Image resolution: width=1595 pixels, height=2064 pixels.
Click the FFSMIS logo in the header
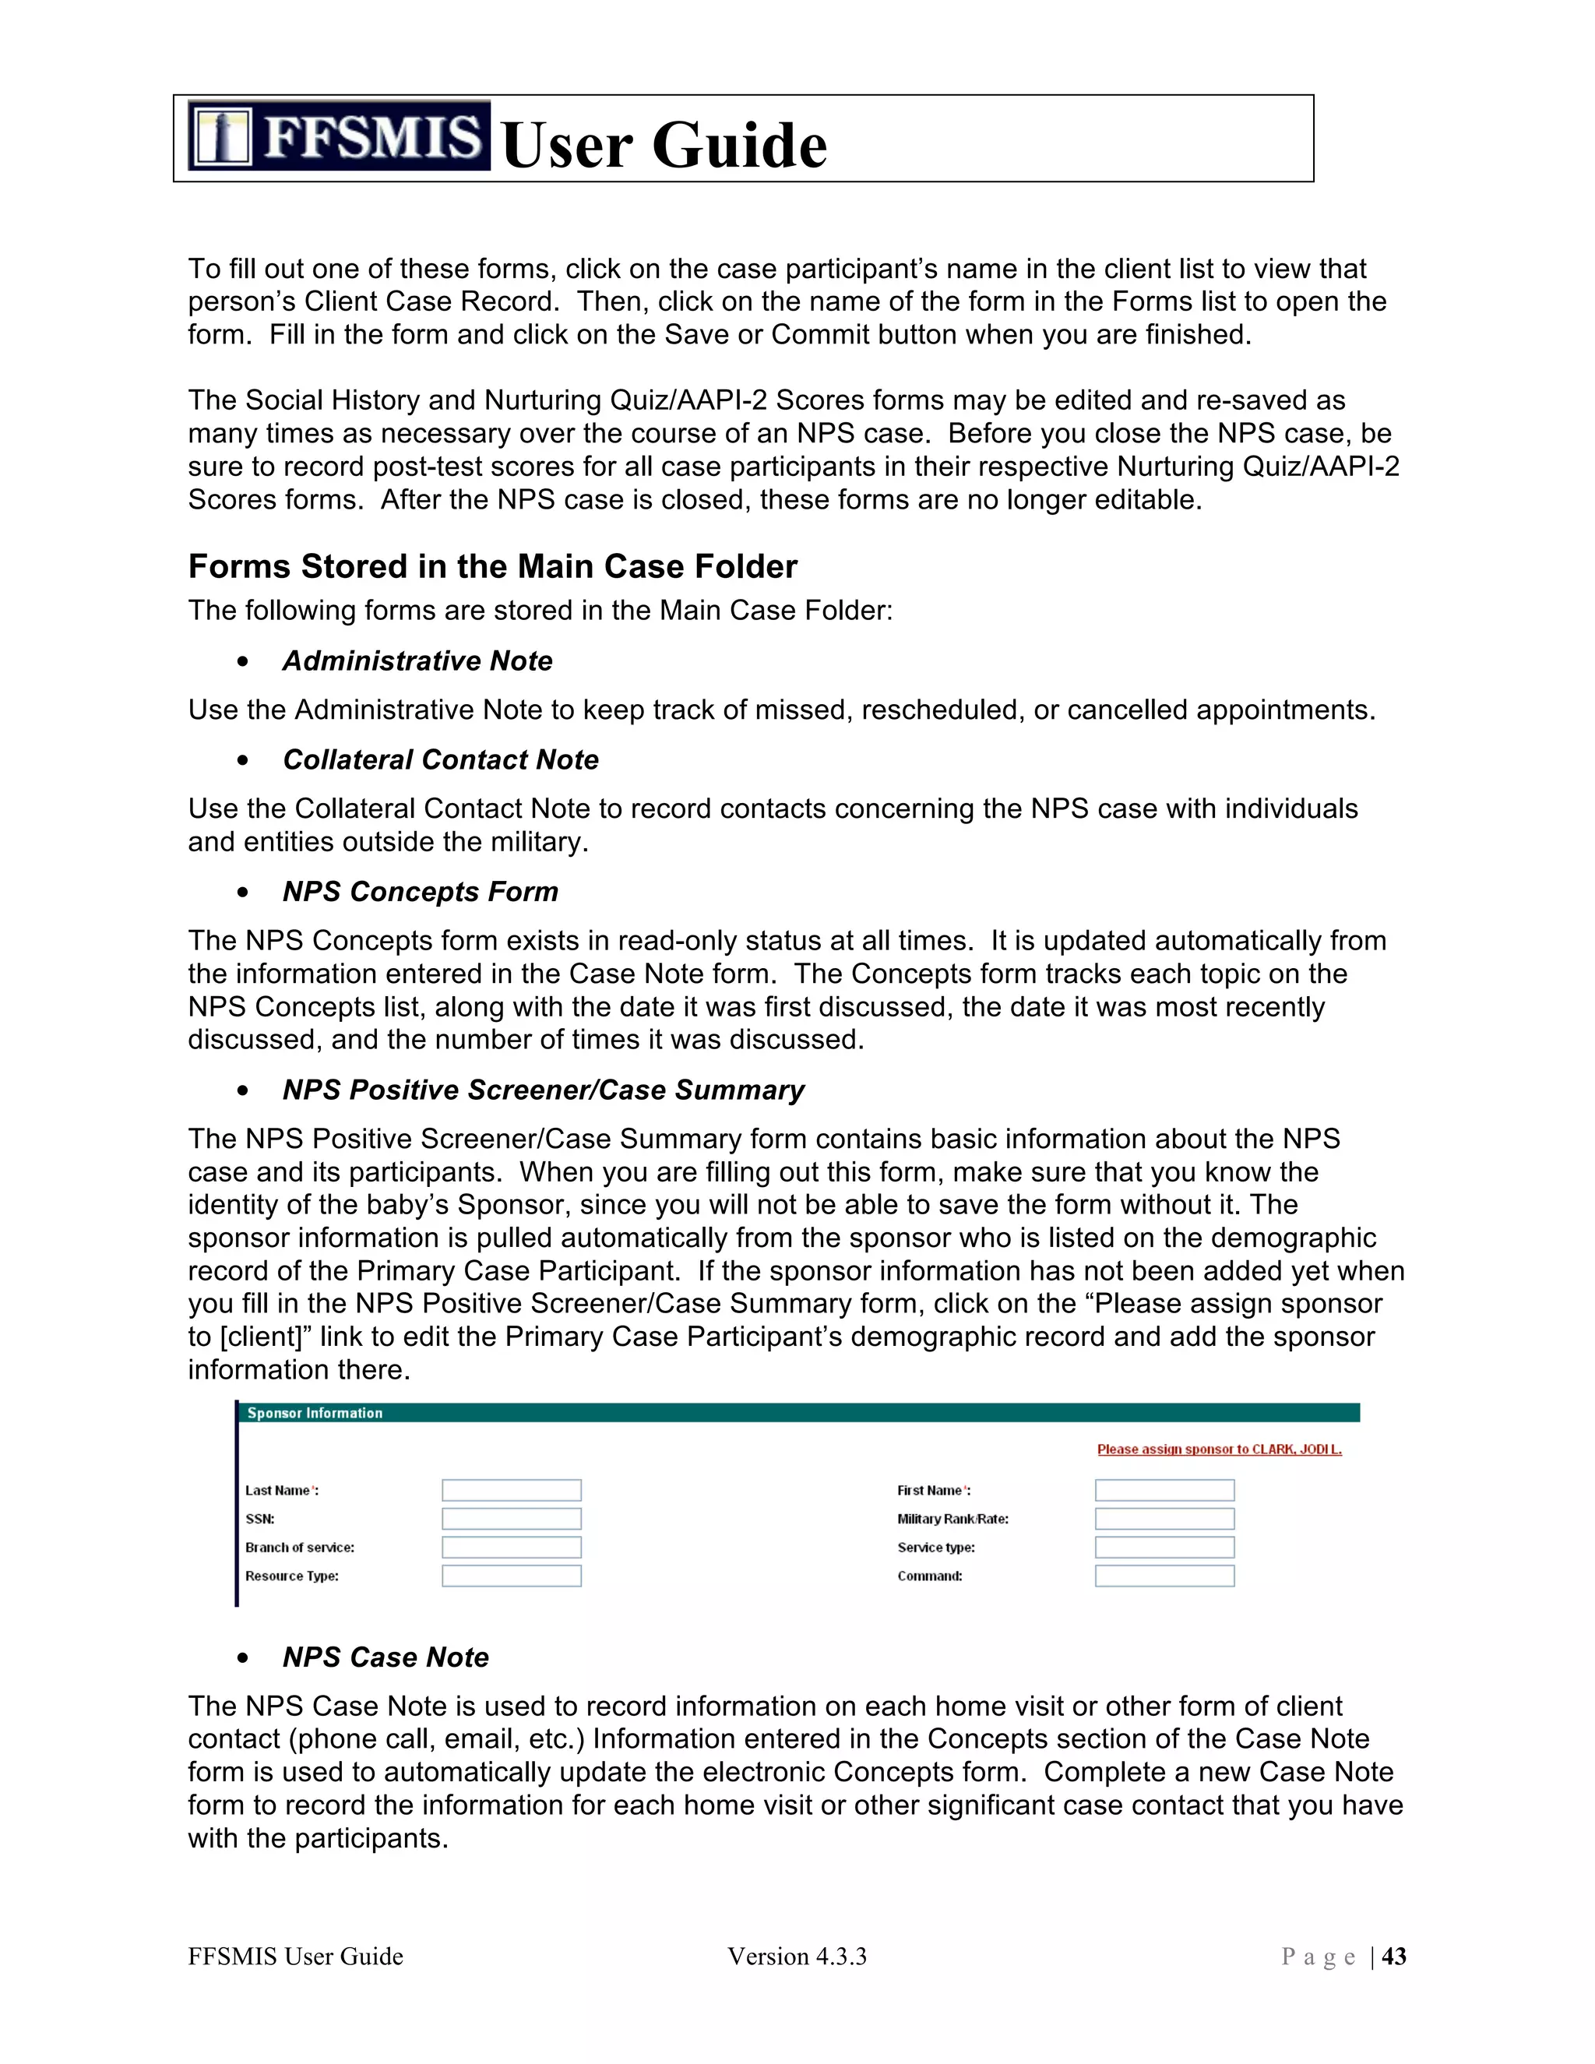coord(338,136)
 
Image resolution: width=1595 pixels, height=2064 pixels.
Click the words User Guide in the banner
coord(664,146)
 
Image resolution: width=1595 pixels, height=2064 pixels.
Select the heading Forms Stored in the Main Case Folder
coord(492,566)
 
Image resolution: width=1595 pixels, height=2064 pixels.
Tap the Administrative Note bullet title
coord(417,660)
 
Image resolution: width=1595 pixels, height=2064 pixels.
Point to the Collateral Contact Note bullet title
coord(440,760)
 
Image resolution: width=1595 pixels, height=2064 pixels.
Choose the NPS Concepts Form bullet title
coord(420,891)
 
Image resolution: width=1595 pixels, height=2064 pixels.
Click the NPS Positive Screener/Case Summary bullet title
coord(544,1090)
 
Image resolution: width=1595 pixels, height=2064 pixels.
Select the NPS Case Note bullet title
coord(386,1657)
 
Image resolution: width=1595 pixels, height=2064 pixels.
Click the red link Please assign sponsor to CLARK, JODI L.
coord(1219,1449)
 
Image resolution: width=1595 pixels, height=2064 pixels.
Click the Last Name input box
coord(511,1490)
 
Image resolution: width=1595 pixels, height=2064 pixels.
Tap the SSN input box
coord(511,1519)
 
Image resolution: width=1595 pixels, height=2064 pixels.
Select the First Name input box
coord(1164,1490)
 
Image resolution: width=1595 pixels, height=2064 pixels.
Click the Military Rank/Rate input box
coord(1164,1519)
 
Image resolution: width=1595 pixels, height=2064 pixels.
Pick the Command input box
coord(1164,1576)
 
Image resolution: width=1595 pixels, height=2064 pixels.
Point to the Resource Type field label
coord(292,1576)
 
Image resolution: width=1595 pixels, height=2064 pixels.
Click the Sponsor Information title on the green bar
coord(315,1413)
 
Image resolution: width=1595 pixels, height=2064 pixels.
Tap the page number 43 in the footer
coord(1394,1957)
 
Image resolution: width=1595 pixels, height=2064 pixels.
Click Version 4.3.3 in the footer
coord(797,1957)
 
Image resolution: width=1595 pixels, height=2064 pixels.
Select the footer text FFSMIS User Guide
coord(295,1957)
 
